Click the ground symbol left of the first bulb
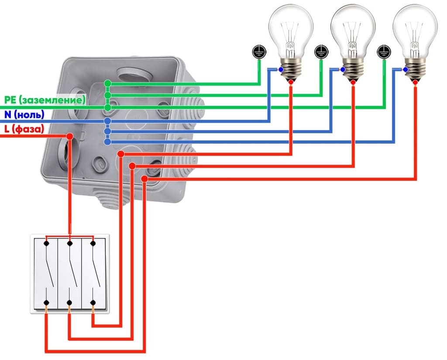click(258, 52)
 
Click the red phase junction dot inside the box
click(69, 137)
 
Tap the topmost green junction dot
click(107, 83)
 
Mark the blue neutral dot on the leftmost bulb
click(281, 69)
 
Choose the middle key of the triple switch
click(69, 273)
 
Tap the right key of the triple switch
click(93, 273)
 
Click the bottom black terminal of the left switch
click(46, 302)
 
